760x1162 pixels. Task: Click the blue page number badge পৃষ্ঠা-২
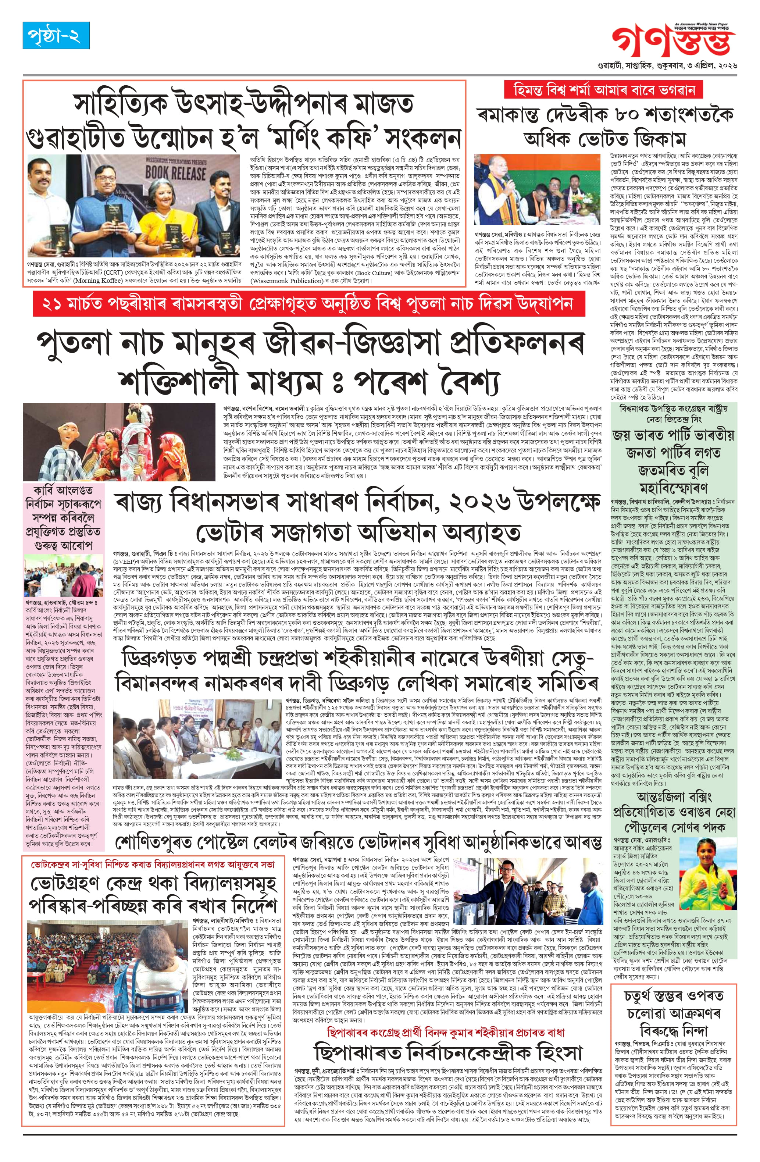56,35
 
